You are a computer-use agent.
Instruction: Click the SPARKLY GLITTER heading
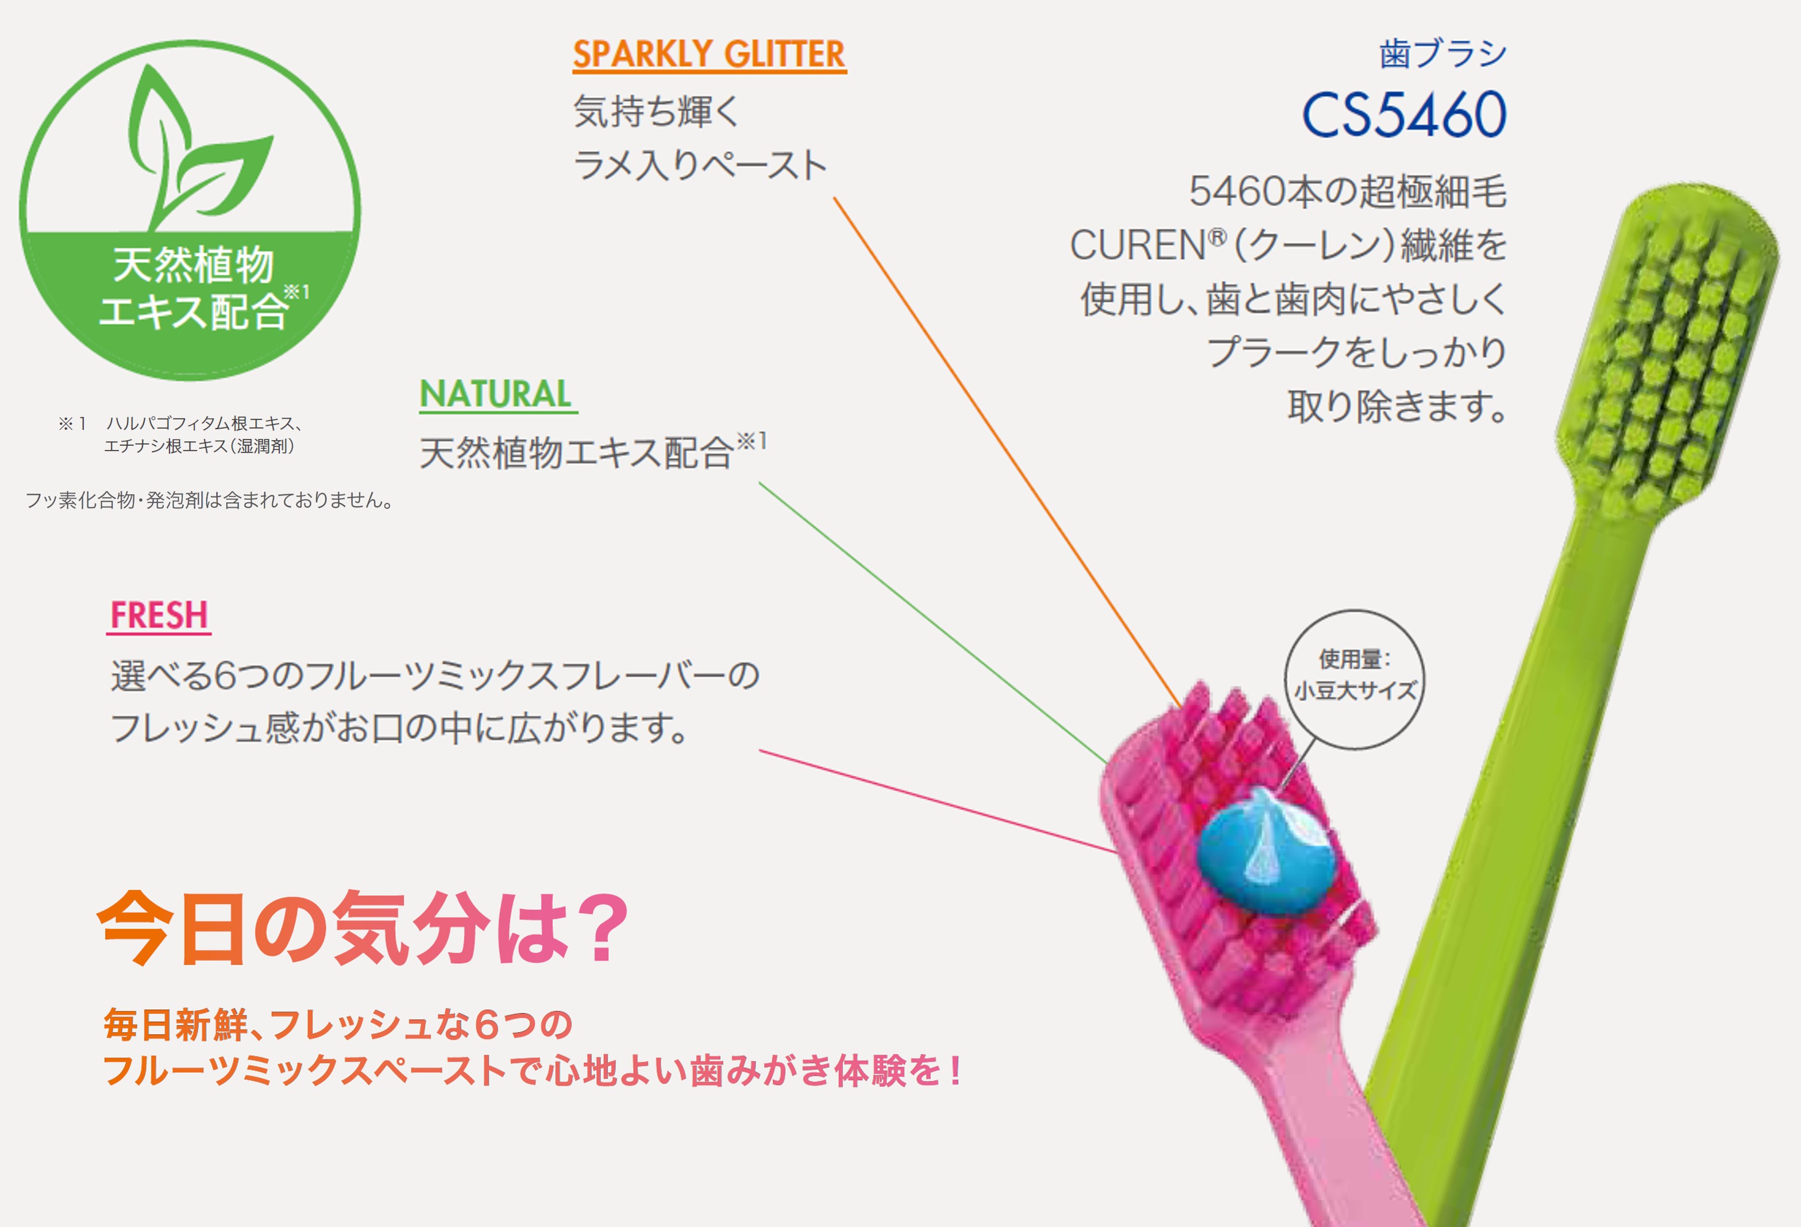coord(709,54)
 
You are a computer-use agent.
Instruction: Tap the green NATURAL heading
coord(498,394)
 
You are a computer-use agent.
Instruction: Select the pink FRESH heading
coord(159,616)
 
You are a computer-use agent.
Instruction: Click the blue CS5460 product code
coord(1404,115)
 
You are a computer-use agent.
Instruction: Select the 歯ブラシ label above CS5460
coord(1443,53)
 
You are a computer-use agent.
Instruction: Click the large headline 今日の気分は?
coord(362,928)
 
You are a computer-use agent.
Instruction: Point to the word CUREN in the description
coord(1137,245)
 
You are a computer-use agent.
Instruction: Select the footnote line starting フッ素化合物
coord(209,501)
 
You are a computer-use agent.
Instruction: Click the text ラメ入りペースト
coord(700,165)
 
